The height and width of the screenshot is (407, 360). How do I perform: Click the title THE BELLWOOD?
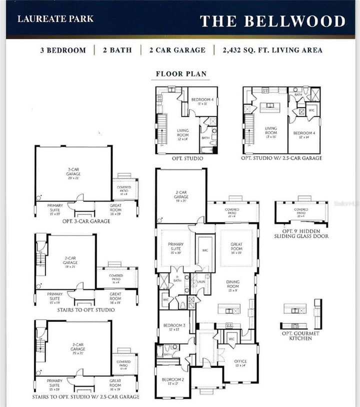272,21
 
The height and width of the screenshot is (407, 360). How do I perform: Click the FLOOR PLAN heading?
181,74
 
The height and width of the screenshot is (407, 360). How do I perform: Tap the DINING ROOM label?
233,284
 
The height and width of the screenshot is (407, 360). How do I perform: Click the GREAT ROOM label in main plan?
236,246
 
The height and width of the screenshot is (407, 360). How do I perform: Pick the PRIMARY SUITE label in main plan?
175,247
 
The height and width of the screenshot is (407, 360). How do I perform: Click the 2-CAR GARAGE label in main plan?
181,194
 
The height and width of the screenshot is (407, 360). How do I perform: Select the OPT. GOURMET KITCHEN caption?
300,335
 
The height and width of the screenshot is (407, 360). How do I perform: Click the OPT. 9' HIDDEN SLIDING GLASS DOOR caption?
301,233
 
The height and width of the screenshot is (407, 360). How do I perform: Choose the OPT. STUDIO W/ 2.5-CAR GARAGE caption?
281,158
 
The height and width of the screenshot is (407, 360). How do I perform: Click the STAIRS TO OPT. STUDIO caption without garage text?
86,310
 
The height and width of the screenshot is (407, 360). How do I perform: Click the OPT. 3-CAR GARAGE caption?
86,220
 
